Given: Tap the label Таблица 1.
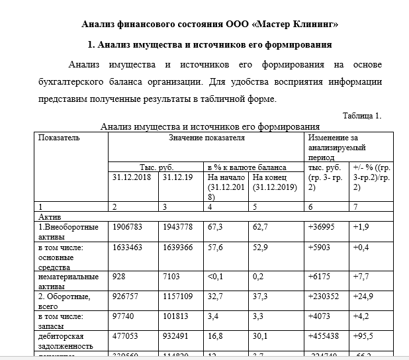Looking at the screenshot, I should pos(361,115).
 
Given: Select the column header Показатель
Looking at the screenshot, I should pos(60,138).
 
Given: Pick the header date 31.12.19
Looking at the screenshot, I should pos(177,177).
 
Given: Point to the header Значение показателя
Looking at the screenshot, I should pos(206,138).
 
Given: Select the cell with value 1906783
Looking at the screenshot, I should pos(127,227).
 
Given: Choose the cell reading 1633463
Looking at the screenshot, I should pos(127,247).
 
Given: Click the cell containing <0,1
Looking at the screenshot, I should pos(216,277).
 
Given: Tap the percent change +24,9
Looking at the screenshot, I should pos(364,296).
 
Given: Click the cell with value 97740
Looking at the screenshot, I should pos(124,316).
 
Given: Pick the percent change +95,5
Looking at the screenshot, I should pos(364,336).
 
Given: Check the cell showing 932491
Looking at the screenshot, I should pos(176,336).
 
